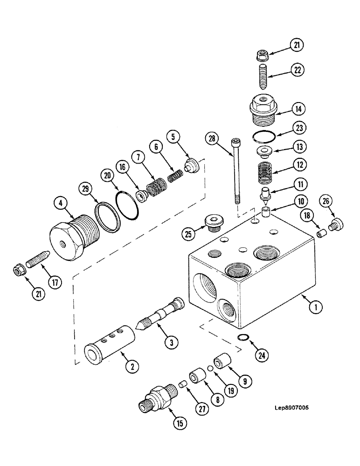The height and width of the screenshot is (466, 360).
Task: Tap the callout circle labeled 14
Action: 297,110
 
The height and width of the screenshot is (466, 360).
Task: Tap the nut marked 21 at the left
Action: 19,270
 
